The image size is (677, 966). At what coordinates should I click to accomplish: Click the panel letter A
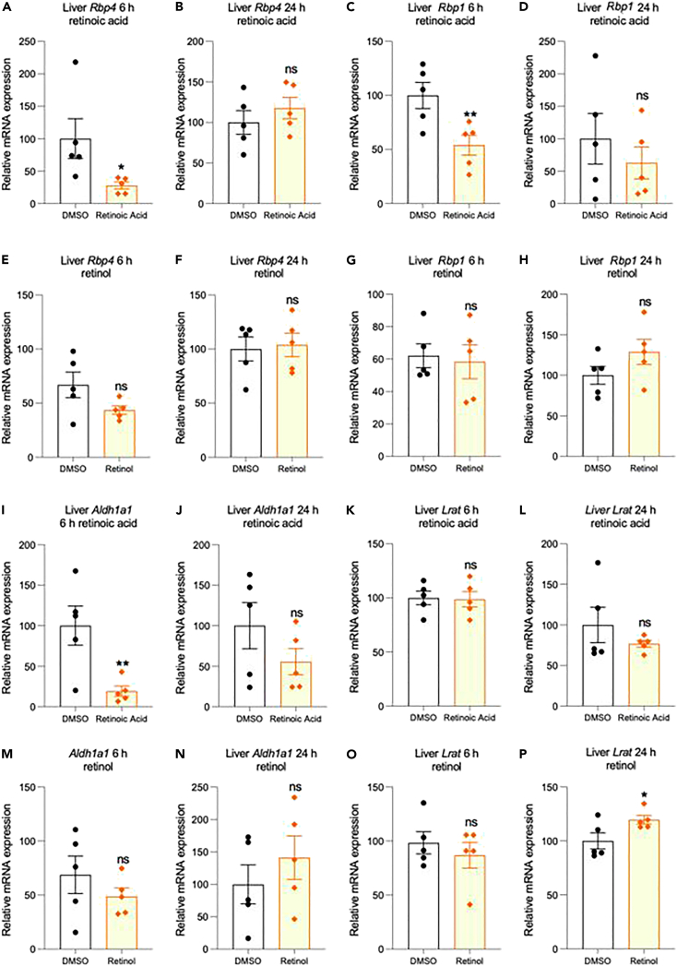(x=6, y=9)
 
